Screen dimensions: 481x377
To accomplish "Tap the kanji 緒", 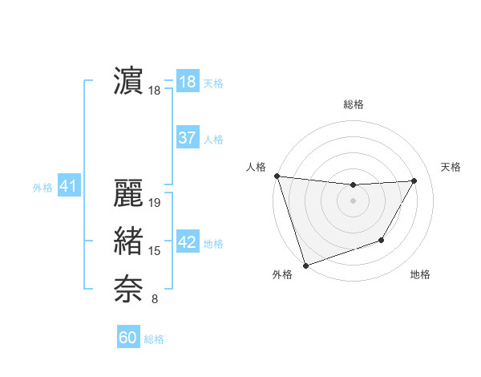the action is pos(129,241).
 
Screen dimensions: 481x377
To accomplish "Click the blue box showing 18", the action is pos(188,82).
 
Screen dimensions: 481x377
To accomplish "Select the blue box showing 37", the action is pos(188,138).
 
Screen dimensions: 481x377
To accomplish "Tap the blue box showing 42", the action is pos(188,242).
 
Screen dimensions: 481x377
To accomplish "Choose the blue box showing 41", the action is pos(67,187).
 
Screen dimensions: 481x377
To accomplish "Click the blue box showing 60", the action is pos(128,338).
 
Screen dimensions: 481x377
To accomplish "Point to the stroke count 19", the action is pos(156,203).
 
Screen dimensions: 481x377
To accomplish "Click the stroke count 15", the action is pos(156,251).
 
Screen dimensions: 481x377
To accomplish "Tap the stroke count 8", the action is pos(155,299).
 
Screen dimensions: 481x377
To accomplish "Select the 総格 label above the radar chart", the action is pos(354,104).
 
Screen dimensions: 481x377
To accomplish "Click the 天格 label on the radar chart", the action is pos(451,167).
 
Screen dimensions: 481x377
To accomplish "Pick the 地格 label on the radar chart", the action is pos(420,274).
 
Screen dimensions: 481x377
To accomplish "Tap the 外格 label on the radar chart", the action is pos(282,274).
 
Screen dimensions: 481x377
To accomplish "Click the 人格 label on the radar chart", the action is pos(256,167).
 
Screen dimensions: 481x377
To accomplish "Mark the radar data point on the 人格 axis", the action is pos(277,176).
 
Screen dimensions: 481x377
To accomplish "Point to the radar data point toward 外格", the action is pos(305,265).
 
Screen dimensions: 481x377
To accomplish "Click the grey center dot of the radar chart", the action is pos(353,201).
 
